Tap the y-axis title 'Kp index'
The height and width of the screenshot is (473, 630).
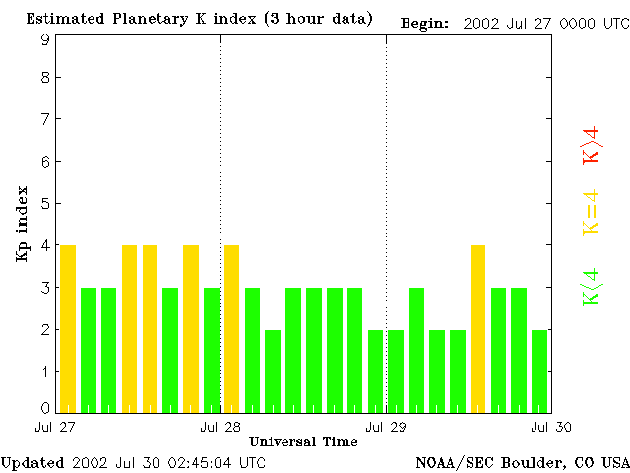[x=22, y=224]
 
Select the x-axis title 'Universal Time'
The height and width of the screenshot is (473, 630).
[x=303, y=441]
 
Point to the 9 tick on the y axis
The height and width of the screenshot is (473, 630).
[x=45, y=39]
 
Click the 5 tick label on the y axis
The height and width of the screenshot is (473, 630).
[x=45, y=204]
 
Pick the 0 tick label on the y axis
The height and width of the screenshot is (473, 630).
[x=45, y=408]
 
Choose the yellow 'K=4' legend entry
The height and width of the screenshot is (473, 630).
[x=591, y=213]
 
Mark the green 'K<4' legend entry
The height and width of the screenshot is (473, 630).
[x=591, y=287]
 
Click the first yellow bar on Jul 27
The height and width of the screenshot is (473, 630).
[x=68, y=328]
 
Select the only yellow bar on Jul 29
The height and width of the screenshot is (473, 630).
[x=478, y=328]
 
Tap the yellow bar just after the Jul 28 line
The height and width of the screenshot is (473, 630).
[x=232, y=328]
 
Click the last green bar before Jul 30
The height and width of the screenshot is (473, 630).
[x=539, y=371]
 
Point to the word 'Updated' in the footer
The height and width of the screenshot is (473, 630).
[x=32, y=462]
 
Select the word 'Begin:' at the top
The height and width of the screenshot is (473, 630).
[x=425, y=23]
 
